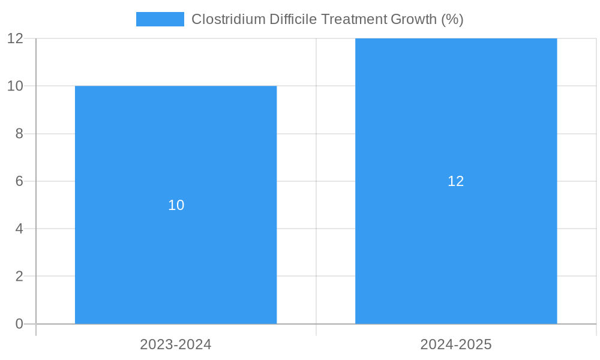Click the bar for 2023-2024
click(176, 252)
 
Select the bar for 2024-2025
click(456, 252)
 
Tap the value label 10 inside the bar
click(176, 205)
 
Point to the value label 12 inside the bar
click(456, 181)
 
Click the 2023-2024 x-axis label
click(176, 344)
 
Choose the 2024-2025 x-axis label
click(456, 344)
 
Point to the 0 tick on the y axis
click(19, 324)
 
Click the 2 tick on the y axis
click(19, 277)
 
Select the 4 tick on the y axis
click(19, 229)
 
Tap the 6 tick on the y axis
click(19, 181)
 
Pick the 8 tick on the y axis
click(19, 134)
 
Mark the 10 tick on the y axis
click(16, 86)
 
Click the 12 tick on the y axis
click(16, 38)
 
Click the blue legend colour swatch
click(160, 19)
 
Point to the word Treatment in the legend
click(354, 19)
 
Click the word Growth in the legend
click(413, 19)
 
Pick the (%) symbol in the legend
click(452, 19)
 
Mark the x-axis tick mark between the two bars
click(316, 330)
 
